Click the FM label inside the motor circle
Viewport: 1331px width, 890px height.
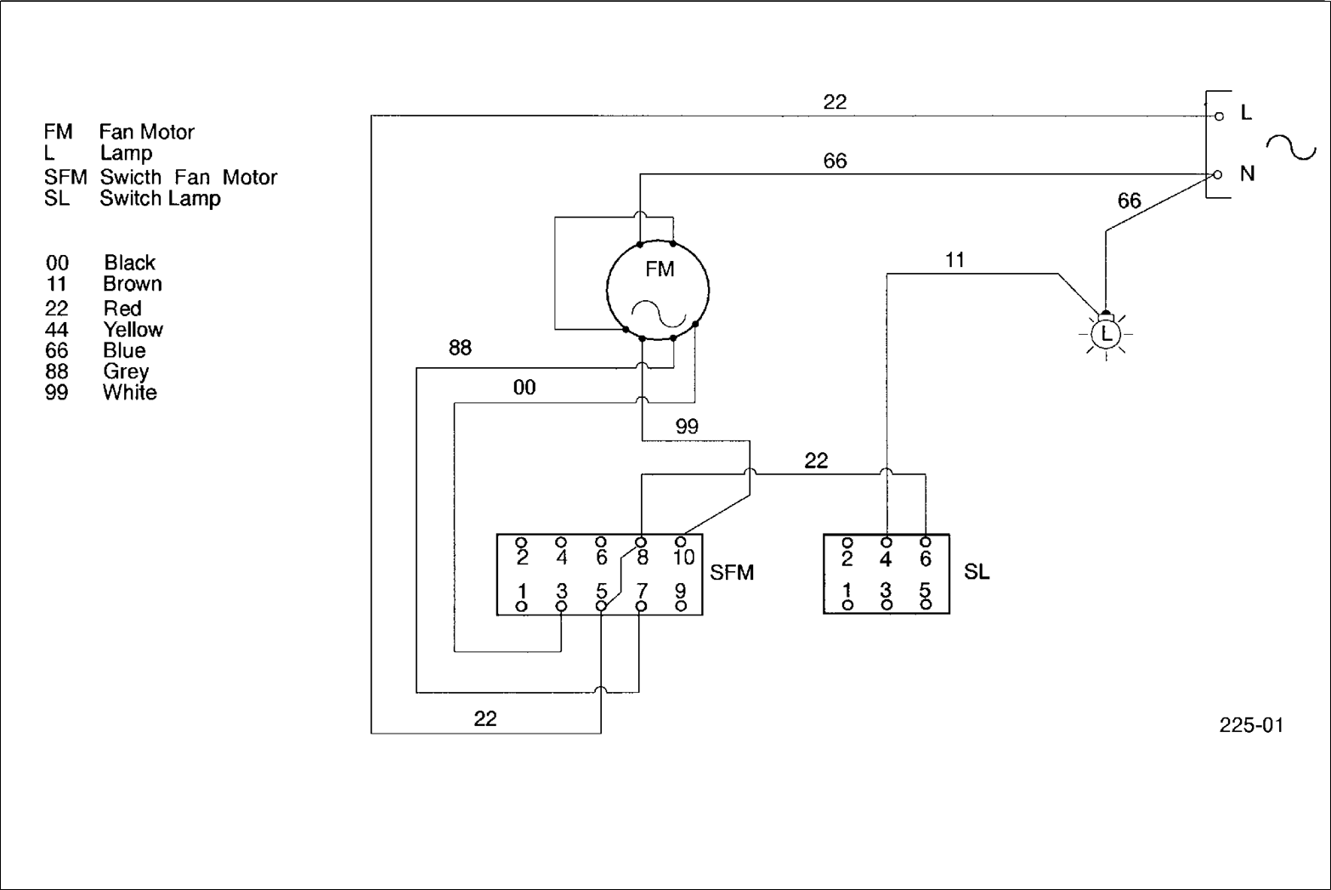660,269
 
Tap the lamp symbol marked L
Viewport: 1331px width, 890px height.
1106,333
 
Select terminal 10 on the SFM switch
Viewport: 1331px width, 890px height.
681,541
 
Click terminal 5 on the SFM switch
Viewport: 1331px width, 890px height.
601,605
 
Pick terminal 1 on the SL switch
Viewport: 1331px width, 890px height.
847,605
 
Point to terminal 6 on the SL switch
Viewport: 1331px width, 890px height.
926,541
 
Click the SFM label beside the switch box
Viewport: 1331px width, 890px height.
732,572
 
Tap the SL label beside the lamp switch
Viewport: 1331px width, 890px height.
977,572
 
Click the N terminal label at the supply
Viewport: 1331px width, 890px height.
1247,173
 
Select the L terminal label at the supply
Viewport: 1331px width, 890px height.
1246,112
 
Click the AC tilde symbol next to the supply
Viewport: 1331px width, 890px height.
1291,147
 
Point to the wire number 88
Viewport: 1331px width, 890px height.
460,348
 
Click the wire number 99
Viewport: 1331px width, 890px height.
687,427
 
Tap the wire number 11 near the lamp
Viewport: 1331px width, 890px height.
954,260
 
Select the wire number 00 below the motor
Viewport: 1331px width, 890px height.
524,388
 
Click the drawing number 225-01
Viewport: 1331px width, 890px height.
1251,725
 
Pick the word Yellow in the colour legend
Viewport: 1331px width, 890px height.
133,330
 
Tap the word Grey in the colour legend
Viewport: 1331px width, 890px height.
126,371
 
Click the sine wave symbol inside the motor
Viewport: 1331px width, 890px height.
659,314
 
